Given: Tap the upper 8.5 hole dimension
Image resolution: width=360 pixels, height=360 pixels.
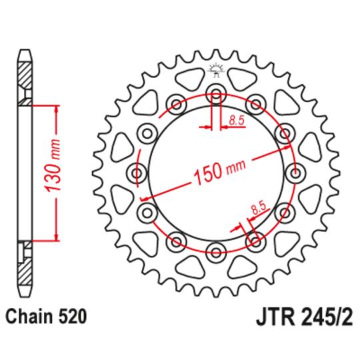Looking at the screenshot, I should coord(236,120).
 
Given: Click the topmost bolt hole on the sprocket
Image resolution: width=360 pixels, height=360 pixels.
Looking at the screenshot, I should coord(215,93).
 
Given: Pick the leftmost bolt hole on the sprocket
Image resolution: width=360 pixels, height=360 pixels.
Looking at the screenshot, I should coord(138,173).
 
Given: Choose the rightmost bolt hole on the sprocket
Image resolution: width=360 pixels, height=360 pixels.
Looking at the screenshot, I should coord(293,173).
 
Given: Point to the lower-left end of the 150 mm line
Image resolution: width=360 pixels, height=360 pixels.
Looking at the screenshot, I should coord(143,199).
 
